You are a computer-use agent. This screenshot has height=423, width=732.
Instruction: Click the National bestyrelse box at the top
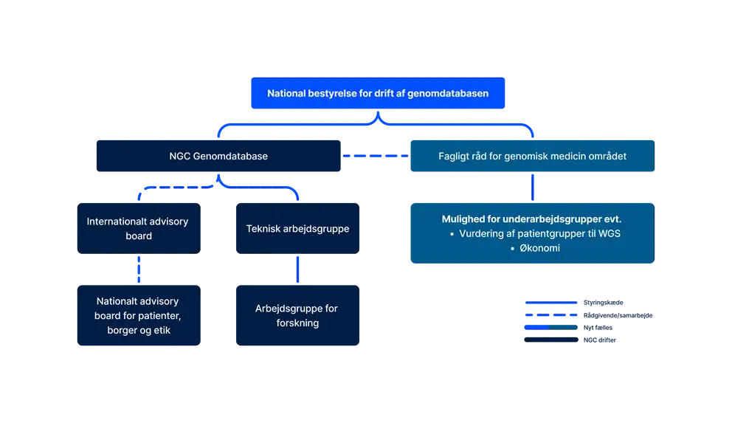[x=378, y=94]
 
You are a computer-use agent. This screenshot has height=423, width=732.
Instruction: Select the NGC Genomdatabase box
[x=218, y=157]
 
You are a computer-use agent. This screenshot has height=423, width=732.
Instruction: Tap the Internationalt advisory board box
[x=138, y=228]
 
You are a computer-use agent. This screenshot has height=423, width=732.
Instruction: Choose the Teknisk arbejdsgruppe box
[x=297, y=228]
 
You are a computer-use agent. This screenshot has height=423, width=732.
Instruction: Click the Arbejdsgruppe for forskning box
[x=297, y=315]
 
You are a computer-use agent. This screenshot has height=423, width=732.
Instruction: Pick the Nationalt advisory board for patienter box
[x=138, y=315]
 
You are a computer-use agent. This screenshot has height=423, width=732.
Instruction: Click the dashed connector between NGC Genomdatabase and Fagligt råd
[x=375, y=157]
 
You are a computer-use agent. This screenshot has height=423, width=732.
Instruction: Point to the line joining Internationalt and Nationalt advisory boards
[x=138, y=269]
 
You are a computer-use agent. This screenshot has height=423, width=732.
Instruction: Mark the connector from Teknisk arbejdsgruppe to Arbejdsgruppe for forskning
[x=297, y=269]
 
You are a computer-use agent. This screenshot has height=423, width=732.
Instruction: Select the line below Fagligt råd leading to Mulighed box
[x=531, y=188]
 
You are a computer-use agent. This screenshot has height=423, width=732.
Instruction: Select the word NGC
[x=179, y=157]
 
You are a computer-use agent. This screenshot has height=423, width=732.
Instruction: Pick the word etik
[x=161, y=330]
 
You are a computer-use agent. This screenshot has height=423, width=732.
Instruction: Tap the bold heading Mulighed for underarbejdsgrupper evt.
[x=531, y=219]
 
